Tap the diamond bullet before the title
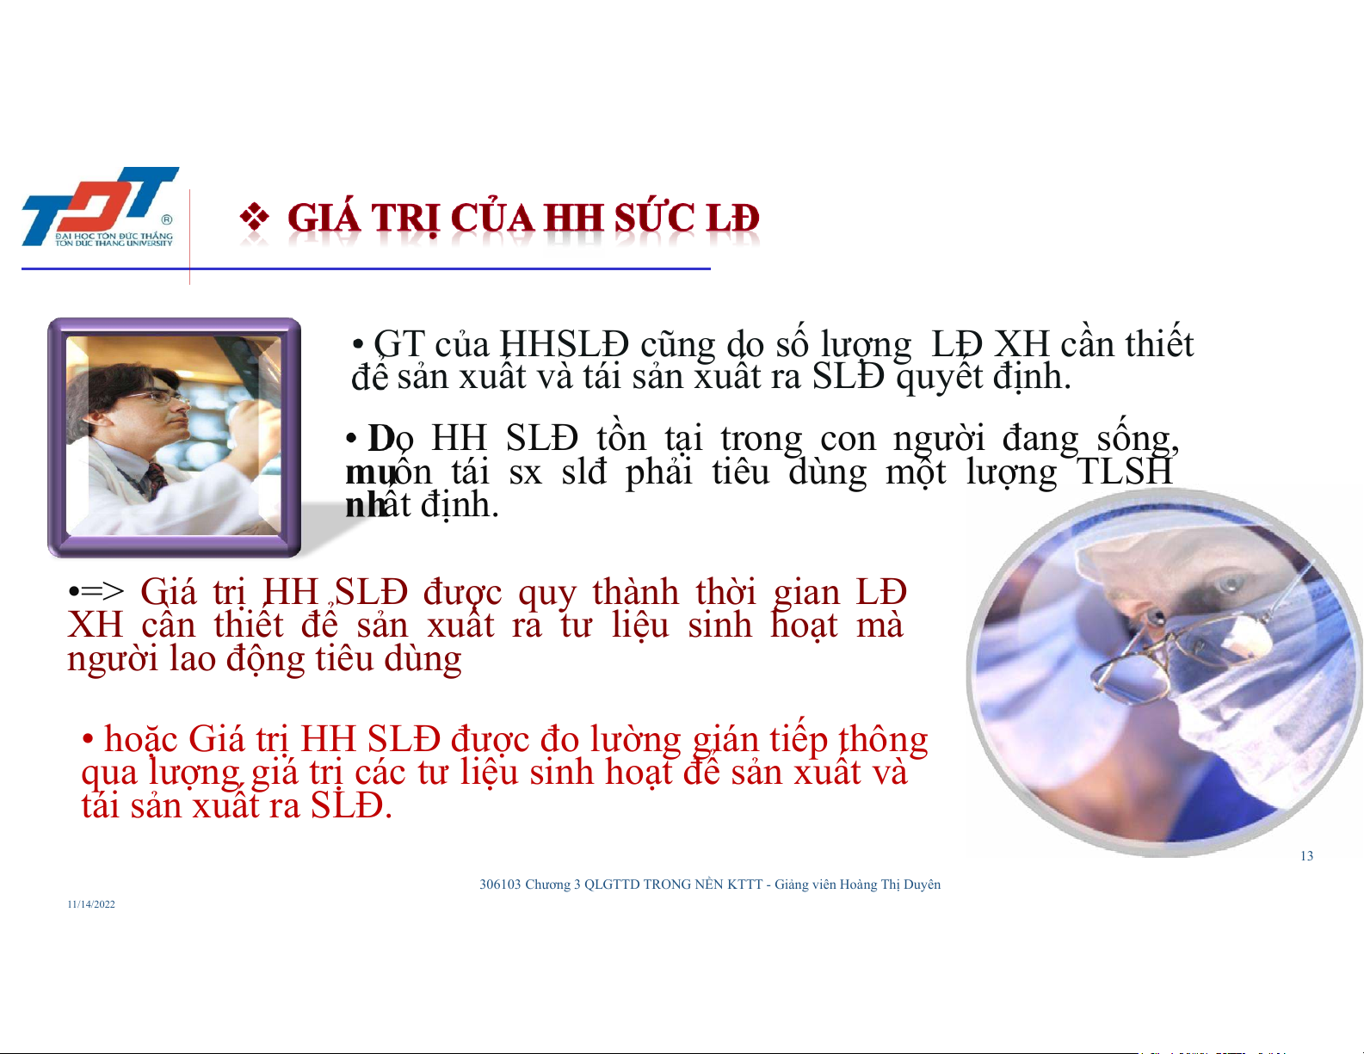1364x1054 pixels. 254,217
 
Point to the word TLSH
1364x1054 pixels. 1124,472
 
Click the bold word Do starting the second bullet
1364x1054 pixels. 391,438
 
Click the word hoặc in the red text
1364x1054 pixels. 140,739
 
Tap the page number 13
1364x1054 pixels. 1306,856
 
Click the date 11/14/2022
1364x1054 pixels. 91,904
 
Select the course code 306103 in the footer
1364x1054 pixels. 500,884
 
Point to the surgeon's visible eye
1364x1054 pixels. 1228,585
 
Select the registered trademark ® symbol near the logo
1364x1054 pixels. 167,219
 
